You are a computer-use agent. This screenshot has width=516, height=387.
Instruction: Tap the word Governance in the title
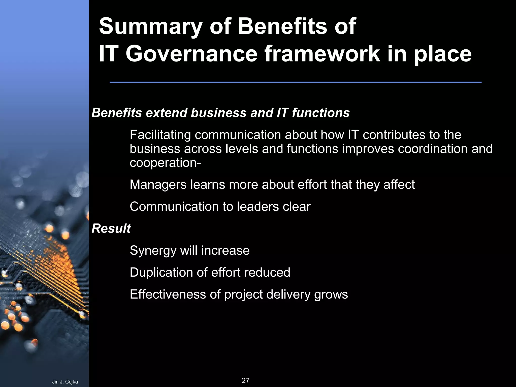(191, 54)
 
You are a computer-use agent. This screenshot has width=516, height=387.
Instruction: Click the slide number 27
(245, 380)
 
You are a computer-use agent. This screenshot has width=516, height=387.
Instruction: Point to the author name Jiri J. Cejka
(65, 382)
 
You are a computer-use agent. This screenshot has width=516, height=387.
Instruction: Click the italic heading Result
(111, 229)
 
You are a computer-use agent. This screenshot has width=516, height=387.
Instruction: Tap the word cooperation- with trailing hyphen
(165, 163)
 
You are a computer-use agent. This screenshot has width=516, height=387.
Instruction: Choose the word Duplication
(161, 272)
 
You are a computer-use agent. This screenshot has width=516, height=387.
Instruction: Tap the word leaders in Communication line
(257, 207)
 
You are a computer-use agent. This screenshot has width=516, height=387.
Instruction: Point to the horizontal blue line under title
(295, 82)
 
